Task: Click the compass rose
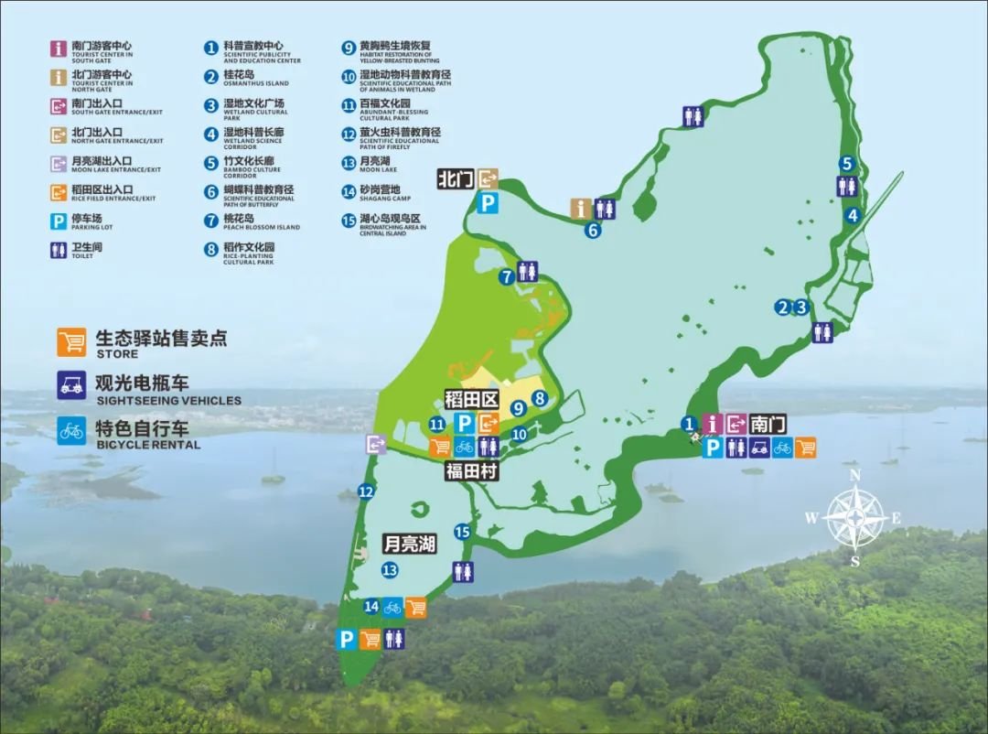(854, 517)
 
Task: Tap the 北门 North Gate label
(455, 178)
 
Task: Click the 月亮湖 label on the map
(409, 544)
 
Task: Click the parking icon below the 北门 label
(489, 202)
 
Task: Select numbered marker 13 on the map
(391, 570)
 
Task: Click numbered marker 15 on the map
(462, 532)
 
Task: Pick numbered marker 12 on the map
(366, 491)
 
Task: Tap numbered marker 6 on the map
(593, 230)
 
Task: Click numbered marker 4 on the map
(853, 216)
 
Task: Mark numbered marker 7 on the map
(506, 275)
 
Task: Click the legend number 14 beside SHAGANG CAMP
(348, 191)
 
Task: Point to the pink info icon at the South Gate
(714, 424)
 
